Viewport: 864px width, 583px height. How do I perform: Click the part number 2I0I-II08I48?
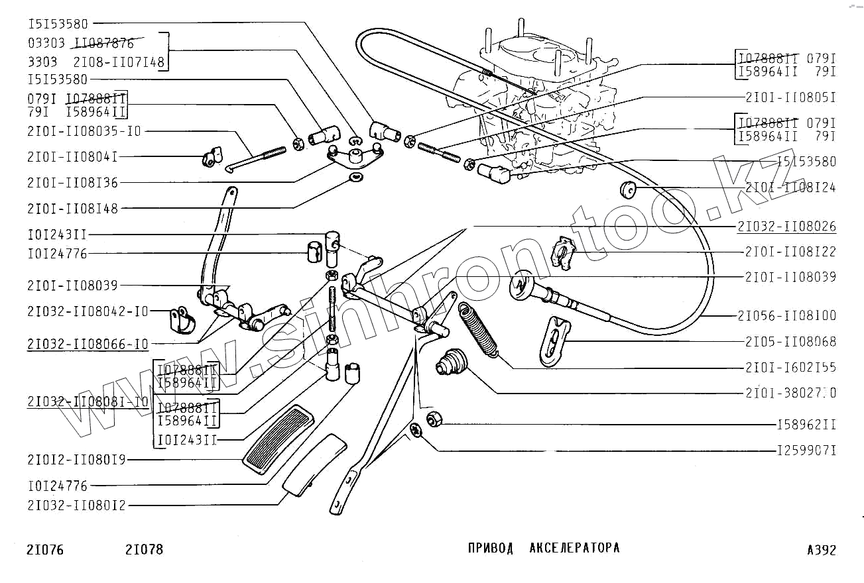pyautogui.click(x=73, y=209)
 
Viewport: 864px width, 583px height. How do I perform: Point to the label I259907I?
pyautogui.click(x=806, y=451)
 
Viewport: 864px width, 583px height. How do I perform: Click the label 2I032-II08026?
pyautogui.click(x=786, y=227)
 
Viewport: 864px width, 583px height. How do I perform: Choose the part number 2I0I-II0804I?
pyautogui.click(x=73, y=157)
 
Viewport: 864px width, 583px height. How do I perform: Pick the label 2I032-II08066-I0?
pyautogui.click(x=88, y=344)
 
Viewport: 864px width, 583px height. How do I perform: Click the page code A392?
pyautogui.click(x=822, y=550)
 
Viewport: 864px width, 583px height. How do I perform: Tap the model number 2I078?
pyautogui.click(x=144, y=550)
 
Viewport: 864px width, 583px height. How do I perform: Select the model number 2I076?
pyautogui.click(x=46, y=550)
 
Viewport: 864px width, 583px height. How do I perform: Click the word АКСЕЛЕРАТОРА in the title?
pyautogui.click(x=575, y=548)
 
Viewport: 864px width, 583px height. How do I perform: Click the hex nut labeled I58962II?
pyautogui.click(x=434, y=419)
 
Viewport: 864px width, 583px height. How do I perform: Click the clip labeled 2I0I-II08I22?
pyautogui.click(x=564, y=254)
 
